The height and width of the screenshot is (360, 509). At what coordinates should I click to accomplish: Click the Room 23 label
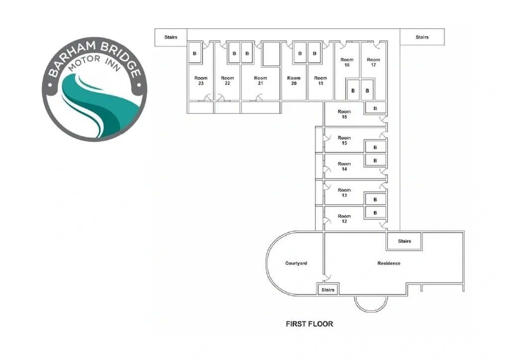201,81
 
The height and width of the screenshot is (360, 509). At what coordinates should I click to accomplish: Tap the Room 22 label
227,81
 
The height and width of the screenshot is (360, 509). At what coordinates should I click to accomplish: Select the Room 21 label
260,81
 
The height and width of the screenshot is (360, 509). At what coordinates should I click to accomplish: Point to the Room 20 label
294,81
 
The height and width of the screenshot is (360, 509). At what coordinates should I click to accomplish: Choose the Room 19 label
320,81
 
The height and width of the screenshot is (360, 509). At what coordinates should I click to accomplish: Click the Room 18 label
347,62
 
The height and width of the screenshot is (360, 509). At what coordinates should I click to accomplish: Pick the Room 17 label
373,62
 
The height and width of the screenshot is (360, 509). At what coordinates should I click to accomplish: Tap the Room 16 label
344,114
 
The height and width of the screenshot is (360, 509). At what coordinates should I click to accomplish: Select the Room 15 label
344,140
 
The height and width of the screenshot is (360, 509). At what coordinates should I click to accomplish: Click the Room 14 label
344,166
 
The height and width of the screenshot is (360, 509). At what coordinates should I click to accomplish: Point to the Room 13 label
344,192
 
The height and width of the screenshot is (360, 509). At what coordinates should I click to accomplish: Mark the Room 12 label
344,218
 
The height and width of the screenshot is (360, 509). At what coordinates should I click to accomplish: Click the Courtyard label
296,263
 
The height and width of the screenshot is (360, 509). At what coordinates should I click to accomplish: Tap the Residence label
389,263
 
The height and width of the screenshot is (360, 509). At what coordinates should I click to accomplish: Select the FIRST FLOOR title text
309,324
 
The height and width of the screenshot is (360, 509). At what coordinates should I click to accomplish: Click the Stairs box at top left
171,37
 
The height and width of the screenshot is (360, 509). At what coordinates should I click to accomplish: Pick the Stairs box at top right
422,37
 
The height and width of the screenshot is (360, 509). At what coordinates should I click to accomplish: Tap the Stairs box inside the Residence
405,241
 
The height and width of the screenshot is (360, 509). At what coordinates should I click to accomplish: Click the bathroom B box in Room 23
195,53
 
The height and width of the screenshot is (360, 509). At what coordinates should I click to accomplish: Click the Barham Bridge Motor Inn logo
95,89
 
